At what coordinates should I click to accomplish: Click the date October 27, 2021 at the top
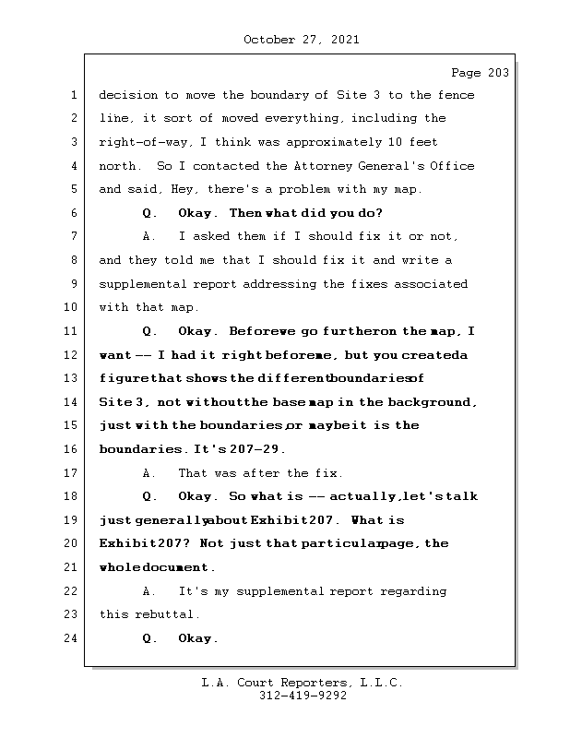302,40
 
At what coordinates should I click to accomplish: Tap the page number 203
496,73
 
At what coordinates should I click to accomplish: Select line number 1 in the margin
74,95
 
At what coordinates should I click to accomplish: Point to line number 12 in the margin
71,354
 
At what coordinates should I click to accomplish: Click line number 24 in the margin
71,638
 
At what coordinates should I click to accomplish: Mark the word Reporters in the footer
310,684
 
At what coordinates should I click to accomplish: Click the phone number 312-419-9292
302,696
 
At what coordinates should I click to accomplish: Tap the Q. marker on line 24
150,638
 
